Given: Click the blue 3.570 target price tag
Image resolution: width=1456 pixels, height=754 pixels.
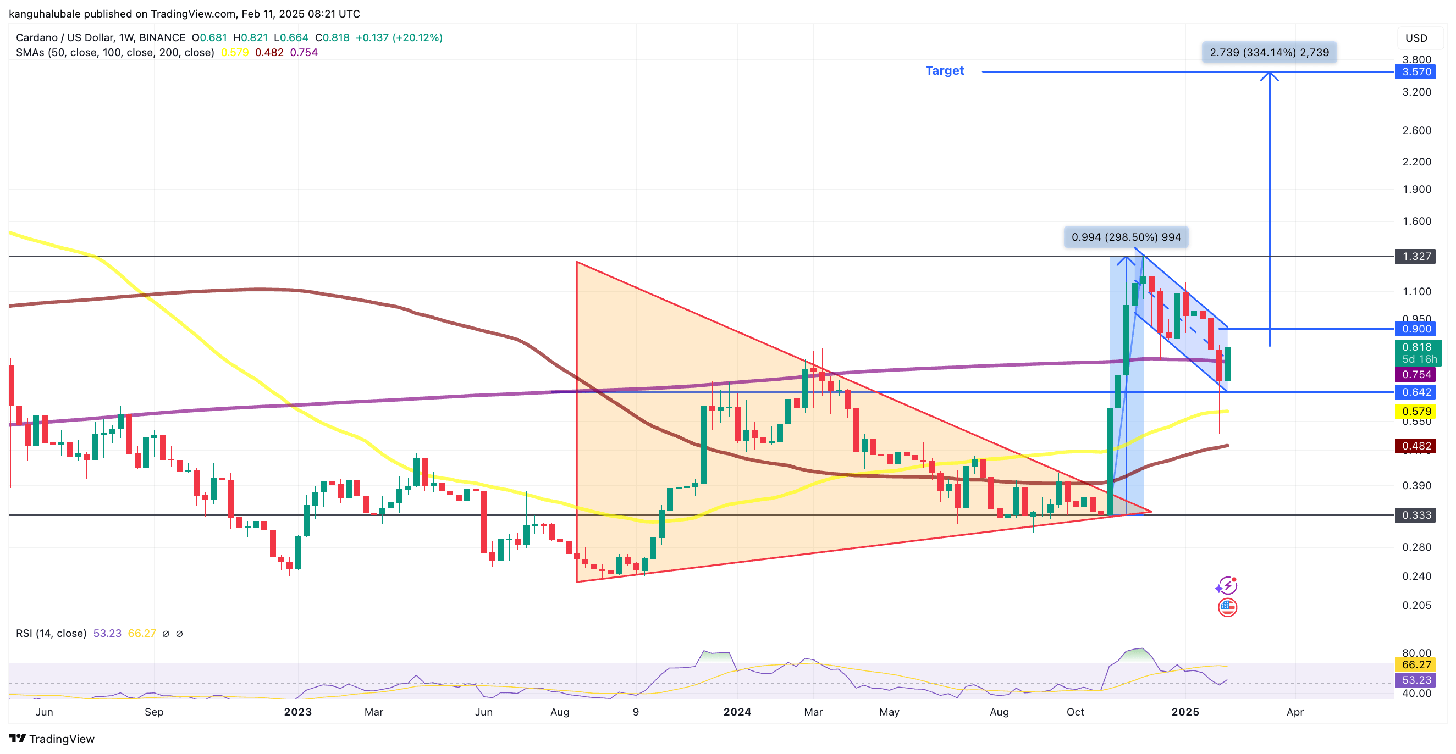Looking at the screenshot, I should [1416, 72].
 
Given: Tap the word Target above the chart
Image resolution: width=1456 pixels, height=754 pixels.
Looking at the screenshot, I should [945, 70].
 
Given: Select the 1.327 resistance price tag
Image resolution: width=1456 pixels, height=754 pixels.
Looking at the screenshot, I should [1416, 257].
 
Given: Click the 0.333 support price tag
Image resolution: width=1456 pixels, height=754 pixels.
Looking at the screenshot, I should [1416, 515].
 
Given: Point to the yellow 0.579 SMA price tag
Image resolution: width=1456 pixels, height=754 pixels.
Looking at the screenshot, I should [1416, 411].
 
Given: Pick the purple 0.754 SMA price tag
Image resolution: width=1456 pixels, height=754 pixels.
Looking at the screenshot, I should [1416, 374].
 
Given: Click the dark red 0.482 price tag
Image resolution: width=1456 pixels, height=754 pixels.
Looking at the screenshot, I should [1416, 446].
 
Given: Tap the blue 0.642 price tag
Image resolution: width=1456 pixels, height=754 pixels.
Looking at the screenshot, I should [1416, 392].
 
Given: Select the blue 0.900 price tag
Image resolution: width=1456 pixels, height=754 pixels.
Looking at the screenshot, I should [1416, 329].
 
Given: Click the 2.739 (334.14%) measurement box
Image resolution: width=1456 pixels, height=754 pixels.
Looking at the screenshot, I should [1269, 53].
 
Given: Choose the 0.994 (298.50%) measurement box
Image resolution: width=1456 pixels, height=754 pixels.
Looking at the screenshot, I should [1126, 237].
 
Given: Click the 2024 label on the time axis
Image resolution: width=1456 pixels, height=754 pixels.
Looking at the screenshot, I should [737, 712].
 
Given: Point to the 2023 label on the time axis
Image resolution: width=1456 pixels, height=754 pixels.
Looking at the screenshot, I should [298, 712].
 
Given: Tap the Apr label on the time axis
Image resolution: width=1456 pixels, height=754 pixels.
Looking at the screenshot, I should [1295, 712].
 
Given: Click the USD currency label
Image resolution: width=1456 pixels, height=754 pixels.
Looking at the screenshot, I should [1416, 38].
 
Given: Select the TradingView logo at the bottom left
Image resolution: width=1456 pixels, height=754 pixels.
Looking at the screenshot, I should [52, 739].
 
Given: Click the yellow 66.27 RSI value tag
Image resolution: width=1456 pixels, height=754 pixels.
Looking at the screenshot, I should [1416, 665].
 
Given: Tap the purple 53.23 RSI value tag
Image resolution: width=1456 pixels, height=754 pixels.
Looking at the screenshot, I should [1416, 680].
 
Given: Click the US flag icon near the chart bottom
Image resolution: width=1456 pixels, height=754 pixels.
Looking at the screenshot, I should [1227, 608].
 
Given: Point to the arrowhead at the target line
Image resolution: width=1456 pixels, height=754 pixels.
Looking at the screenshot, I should [1270, 75].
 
